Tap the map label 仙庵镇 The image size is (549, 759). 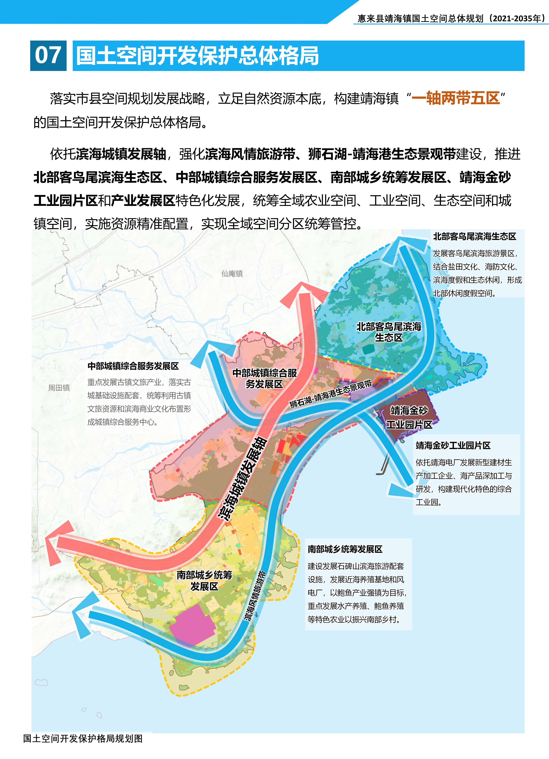click(232, 274)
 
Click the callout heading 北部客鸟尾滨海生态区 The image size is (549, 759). click(474, 237)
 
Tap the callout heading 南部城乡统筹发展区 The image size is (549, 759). click(345, 549)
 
